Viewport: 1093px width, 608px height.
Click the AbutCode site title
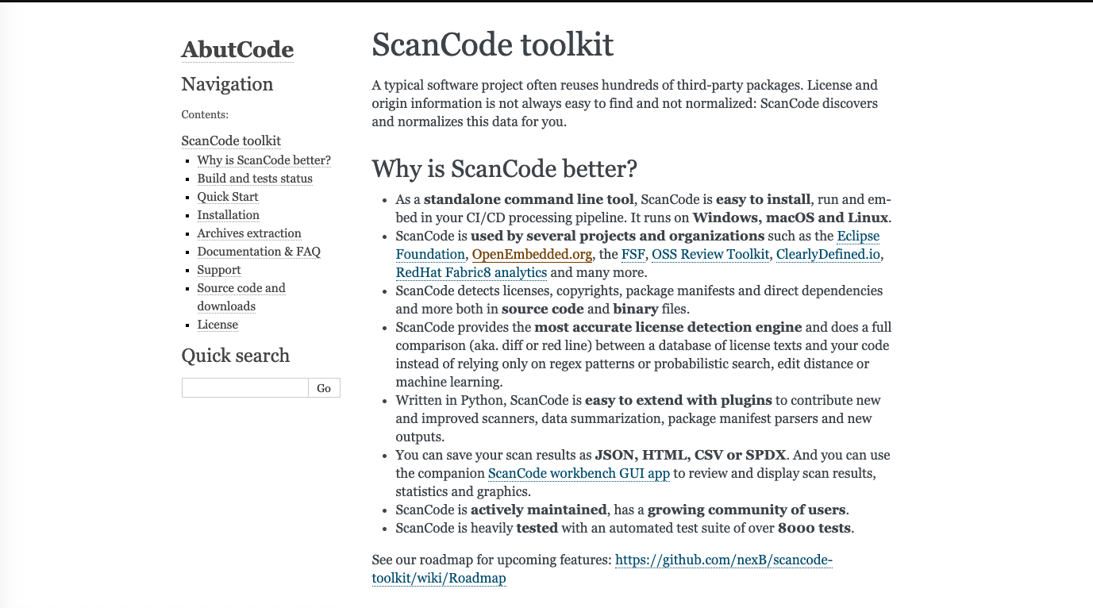point(237,49)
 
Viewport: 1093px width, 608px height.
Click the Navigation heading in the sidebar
point(227,84)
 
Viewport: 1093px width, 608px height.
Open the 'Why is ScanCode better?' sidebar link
point(264,160)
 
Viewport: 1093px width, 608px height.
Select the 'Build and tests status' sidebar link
point(255,179)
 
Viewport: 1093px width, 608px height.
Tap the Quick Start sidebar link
point(228,197)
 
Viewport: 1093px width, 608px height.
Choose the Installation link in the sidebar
point(228,215)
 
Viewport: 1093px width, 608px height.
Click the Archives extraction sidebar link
point(249,233)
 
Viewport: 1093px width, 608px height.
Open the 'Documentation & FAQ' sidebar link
point(259,252)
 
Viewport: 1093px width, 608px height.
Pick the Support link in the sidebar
point(219,270)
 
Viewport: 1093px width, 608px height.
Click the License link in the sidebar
point(217,325)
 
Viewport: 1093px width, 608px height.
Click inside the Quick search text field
point(244,387)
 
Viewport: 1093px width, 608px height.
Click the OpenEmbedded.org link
point(532,254)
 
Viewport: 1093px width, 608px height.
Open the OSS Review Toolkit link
point(710,254)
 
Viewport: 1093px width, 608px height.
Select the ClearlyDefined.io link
point(829,254)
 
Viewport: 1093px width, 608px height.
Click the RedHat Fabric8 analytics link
point(471,272)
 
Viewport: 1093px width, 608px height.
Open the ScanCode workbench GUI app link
point(579,473)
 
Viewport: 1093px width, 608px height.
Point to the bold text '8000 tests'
point(814,528)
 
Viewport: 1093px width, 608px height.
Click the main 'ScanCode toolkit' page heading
point(492,45)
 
